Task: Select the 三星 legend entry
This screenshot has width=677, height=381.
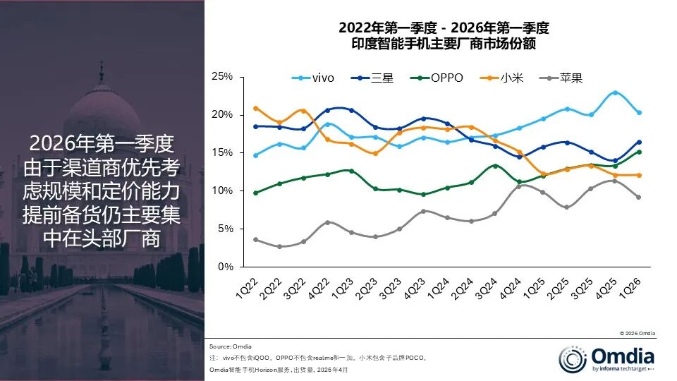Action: [374, 78]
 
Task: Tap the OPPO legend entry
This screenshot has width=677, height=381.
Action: [437, 78]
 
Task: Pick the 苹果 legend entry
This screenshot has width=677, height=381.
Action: [561, 78]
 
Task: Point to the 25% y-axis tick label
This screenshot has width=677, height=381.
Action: [222, 76]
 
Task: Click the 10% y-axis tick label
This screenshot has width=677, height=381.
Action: [222, 190]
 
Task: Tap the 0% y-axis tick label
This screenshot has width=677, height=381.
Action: [225, 267]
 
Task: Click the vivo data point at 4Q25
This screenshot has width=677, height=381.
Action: [615, 92]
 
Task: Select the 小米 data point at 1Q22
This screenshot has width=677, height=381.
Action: [255, 108]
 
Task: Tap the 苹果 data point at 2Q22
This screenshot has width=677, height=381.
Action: [279, 246]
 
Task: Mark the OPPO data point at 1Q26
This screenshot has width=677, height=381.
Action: [639, 152]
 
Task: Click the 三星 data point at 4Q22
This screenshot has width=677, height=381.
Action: [327, 110]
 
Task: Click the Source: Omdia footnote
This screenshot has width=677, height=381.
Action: [231, 346]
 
